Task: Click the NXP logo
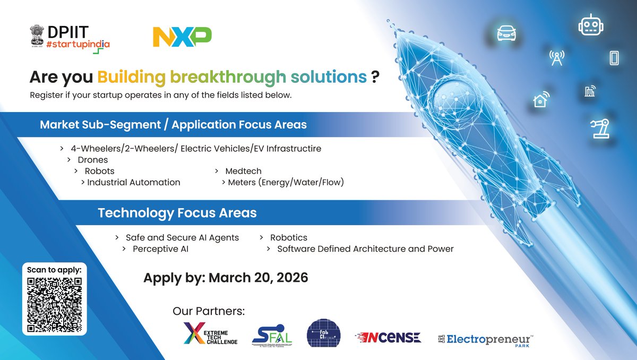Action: [182, 37]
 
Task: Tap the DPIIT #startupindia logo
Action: [70, 37]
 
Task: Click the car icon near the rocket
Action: [506, 33]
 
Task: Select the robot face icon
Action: [589, 24]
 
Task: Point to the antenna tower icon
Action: [556, 58]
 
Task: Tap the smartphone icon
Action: [614, 57]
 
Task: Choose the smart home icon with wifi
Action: [541, 99]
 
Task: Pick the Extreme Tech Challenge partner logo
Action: [210, 333]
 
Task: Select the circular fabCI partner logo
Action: [323, 333]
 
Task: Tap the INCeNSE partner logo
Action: [388, 337]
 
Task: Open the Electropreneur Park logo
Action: [484, 338]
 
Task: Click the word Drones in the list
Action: [92, 160]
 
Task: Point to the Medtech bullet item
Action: [243, 171]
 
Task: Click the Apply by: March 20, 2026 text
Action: [226, 278]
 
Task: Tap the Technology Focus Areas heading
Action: [177, 213]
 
